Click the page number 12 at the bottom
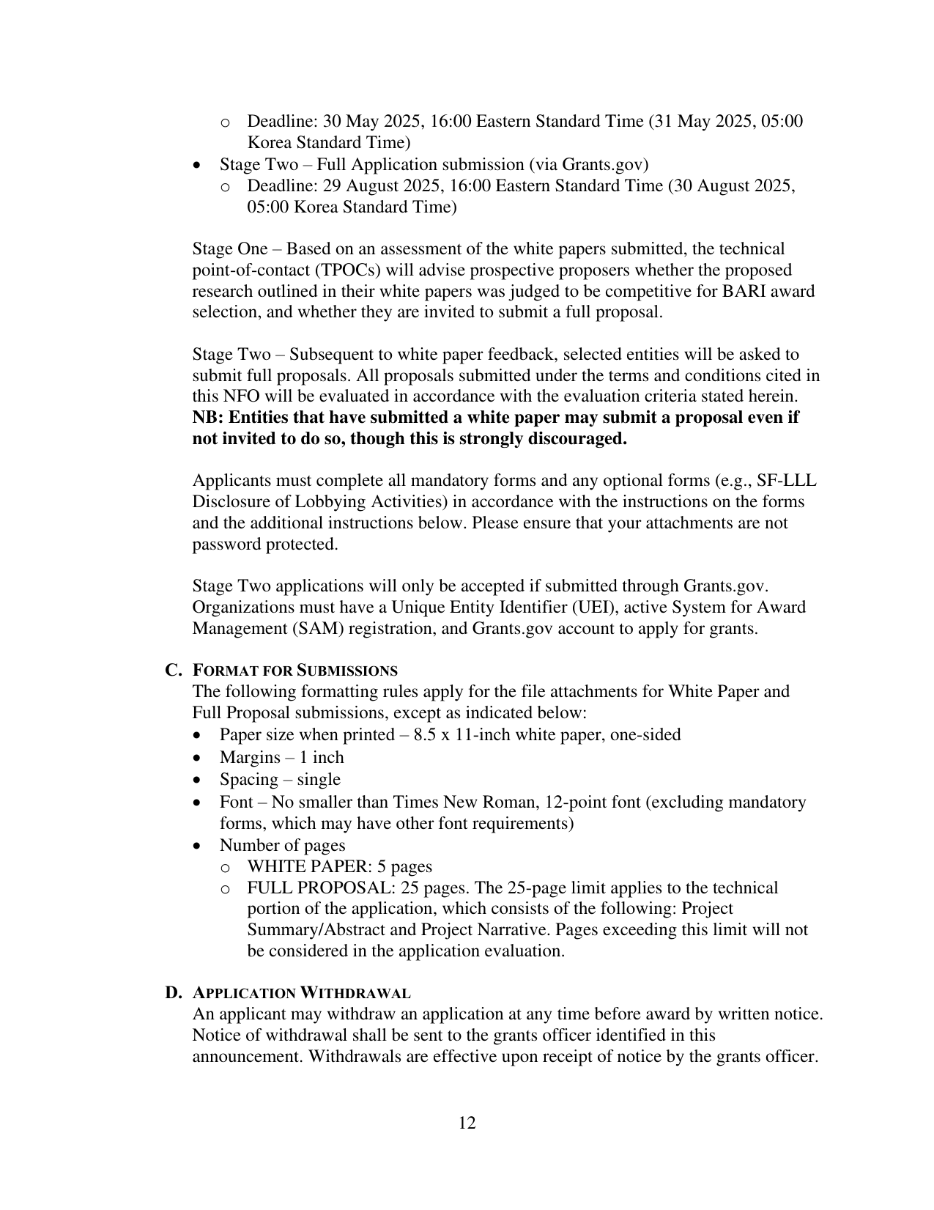coord(467,1123)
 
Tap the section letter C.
coord(173,670)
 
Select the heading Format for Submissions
coord(294,671)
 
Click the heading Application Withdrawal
coord(301,993)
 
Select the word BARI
coord(723,291)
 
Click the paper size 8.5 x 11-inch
coord(460,734)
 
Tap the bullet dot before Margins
coord(197,758)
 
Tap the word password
coord(226,545)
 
